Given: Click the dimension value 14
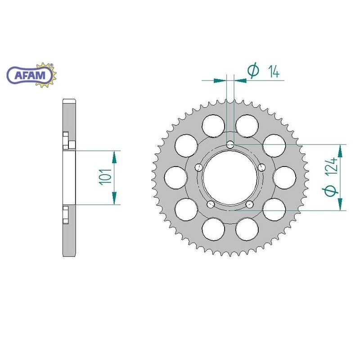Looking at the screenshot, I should coord(273,71).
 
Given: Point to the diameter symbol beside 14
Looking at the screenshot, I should coord(253,71).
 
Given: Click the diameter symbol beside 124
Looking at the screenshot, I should coord(332,191).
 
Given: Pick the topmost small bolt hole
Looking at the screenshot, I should coord(230,144).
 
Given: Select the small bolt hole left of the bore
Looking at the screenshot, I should coord(198,167).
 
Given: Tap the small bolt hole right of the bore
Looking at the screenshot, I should coord(262,167).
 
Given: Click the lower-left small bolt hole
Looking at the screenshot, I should coord(210,205).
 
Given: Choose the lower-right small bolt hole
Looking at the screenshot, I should coord(250,205).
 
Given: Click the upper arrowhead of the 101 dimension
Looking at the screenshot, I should coord(114,156).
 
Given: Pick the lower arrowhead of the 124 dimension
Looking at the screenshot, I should coord(340,203).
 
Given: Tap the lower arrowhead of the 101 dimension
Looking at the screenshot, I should coord(114,198).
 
